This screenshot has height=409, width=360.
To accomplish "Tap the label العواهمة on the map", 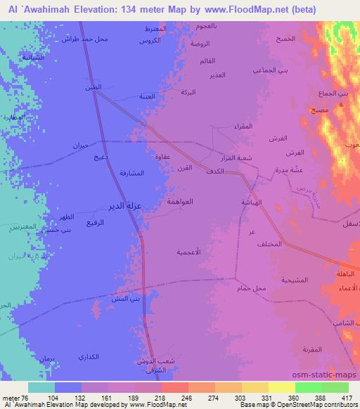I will (x=181, y=201).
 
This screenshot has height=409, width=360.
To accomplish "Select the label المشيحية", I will (x=291, y=280).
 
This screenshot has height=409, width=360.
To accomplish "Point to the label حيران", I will (x=79, y=145).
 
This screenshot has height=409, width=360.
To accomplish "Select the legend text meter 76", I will (x=14, y=398).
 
